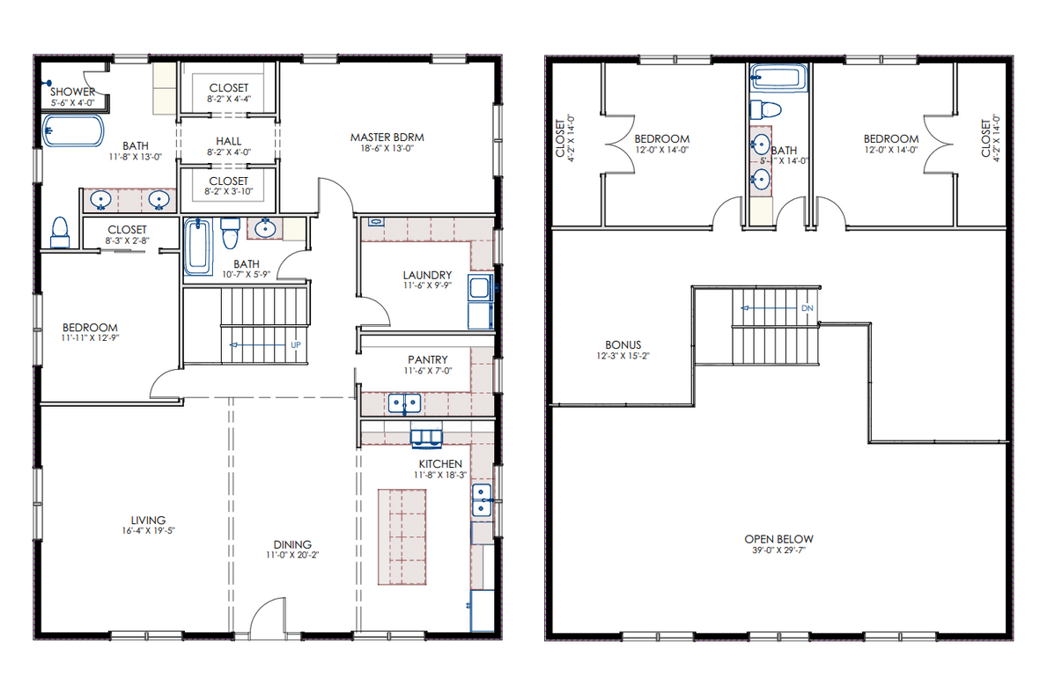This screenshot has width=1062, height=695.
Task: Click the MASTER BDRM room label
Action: click(387, 137)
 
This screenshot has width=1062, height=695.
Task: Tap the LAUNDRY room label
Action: click(427, 275)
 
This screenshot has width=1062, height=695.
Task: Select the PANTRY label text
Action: click(427, 359)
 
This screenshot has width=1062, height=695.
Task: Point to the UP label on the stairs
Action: click(297, 345)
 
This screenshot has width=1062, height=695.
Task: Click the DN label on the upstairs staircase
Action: click(807, 308)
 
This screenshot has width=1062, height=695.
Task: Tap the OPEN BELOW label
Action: click(778, 539)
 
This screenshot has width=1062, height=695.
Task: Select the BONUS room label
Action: click(623, 345)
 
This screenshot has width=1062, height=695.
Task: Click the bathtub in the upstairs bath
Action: click(778, 78)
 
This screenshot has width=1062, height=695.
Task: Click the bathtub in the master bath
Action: click(73, 131)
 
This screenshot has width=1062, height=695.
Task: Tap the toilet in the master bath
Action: click(60, 232)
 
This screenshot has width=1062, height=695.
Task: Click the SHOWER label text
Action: click(73, 92)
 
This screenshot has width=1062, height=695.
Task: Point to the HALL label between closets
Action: click(228, 141)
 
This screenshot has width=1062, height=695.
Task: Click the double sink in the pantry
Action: click(405, 403)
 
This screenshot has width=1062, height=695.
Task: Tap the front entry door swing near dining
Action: click(268, 617)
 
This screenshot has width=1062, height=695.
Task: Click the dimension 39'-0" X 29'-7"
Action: click(778, 551)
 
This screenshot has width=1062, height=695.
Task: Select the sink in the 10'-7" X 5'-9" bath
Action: click(264, 228)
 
